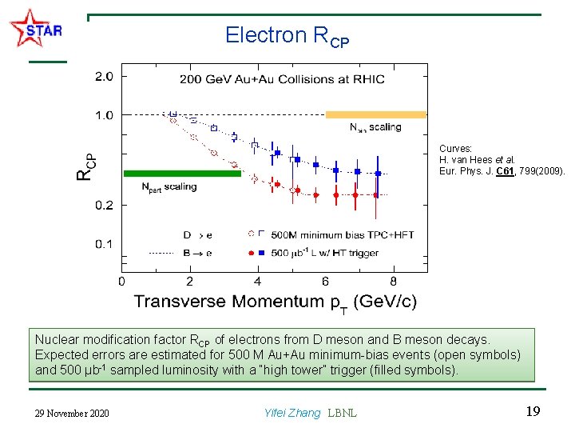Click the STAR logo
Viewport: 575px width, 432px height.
[x=35, y=30]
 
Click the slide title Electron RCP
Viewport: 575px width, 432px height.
[x=287, y=36]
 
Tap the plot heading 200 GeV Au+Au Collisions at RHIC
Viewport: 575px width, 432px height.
[x=281, y=79]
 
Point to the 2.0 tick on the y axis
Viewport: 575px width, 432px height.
[x=104, y=77]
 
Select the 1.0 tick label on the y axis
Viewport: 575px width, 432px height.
[x=104, y=115]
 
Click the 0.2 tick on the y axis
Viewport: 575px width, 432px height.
[x=104, y=206]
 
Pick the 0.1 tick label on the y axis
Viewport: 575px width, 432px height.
[x=104, y=244]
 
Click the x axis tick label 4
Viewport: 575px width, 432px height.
[x=257, y=282]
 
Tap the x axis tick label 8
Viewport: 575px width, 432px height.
[x=393, y=282]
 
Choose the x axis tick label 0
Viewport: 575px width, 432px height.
[x=121, y=282]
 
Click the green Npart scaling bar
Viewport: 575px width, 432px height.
[x=181, y=173]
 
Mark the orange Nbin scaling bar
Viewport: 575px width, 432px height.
[x=375, y=115]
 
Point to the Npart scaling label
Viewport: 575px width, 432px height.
[x=169, y=187]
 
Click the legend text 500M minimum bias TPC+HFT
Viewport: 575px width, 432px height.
[x=325, y=234]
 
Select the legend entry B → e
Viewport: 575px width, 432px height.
[x=197, y=253]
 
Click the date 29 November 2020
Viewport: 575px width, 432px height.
[x=73, y=413]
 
